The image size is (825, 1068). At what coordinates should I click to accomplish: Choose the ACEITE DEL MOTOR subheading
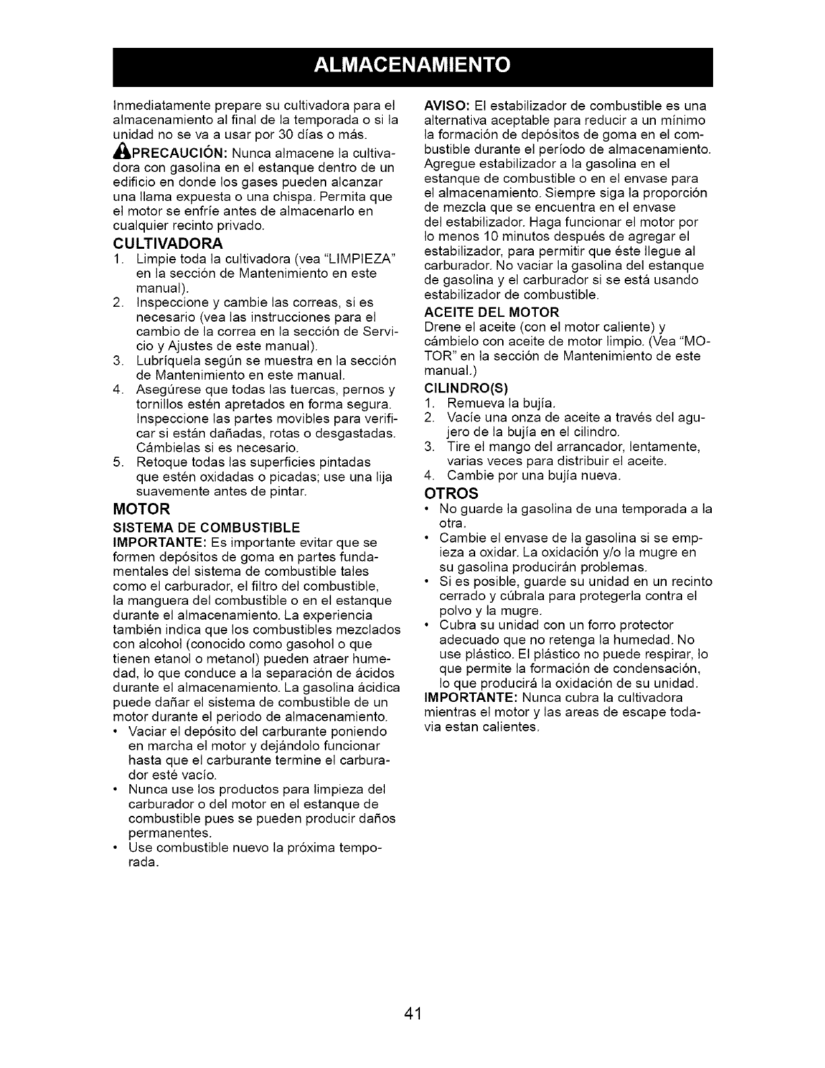pos(491,312)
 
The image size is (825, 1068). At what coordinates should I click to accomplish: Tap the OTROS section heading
pos(448,492)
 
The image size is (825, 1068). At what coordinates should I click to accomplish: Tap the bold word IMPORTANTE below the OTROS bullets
pos(464,698)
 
